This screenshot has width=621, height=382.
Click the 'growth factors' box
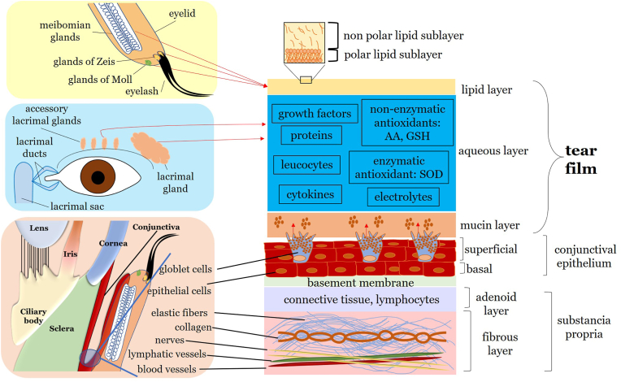(x=315, y=114)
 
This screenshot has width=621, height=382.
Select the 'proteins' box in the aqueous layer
(x=311, y=136)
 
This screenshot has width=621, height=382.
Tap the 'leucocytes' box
(x=306, y=165)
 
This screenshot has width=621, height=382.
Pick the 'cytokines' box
(x=310, y=194)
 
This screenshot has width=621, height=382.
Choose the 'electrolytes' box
(x=403, y=197)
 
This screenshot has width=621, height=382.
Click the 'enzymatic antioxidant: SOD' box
(x=398, y=167)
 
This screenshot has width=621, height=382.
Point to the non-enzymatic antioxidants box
(x=407, y=122)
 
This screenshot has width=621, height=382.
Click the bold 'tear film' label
(x=581, y=159)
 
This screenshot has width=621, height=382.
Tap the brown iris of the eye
(x=98, y=177)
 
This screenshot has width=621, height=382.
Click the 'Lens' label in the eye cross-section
(x=39, y=228)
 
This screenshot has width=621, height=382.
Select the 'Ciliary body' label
(x=33, y=316)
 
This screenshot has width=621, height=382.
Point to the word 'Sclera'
(x=62, y=328)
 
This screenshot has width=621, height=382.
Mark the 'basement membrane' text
(x=360, y=283)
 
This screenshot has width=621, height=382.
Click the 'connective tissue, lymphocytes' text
(x=361, y=300)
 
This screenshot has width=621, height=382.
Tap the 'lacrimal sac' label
(x=77, y=206)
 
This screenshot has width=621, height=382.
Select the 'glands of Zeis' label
(x=84, y=62)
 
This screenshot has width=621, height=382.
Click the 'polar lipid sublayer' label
(x=393, y=54)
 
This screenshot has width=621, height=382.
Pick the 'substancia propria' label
(x=584, y=327)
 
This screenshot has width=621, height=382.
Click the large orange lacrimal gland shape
(x=150, y=147)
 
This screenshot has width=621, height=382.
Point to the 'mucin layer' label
(x=490, y=225)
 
